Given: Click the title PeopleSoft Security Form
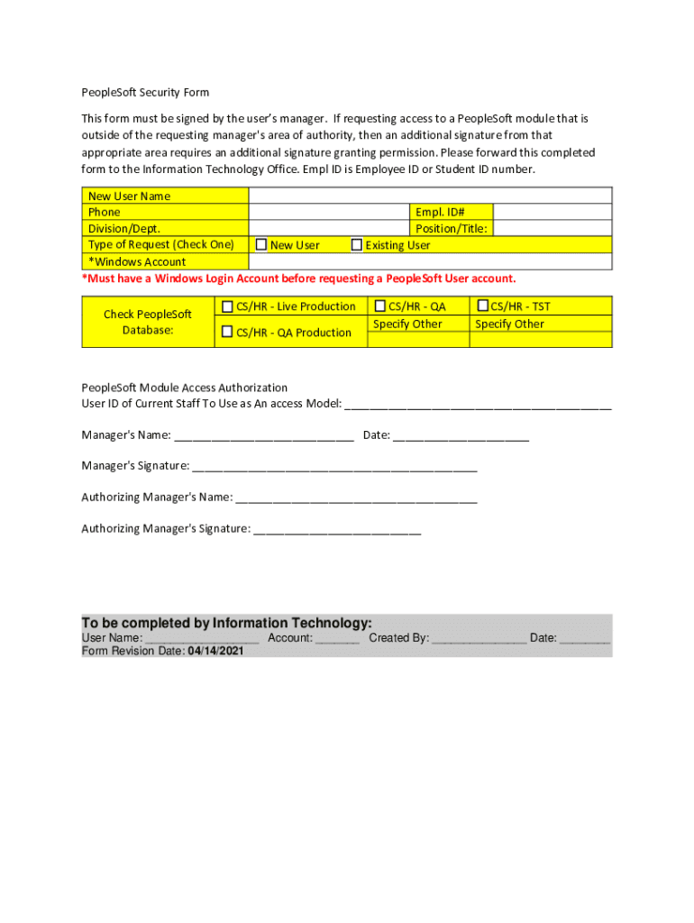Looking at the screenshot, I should click(145, 93).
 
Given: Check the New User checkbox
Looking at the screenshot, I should click(261, 244).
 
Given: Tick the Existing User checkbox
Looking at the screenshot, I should click(357, 244).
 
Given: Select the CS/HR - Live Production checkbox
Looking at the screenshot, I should click(228, 306).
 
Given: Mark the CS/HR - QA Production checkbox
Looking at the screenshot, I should click(228, 332).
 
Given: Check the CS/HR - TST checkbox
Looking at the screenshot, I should click(483, 306).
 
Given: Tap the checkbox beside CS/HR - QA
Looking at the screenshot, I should click(380, 306).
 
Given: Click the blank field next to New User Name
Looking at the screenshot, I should click(430, 196).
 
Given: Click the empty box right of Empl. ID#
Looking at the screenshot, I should click(552, 213).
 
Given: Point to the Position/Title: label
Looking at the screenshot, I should click(451, 229).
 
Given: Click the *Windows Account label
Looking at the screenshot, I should click(137, 261).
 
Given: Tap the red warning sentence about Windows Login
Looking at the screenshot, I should click(299, 279).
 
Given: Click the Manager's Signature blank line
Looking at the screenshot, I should click(334, 468).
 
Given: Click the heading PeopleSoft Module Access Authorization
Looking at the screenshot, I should click(185, 388).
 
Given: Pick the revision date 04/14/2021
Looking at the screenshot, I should click(215, 651).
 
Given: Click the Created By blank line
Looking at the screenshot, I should click(479, 640).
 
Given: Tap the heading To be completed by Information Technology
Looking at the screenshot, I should click(226, 623).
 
